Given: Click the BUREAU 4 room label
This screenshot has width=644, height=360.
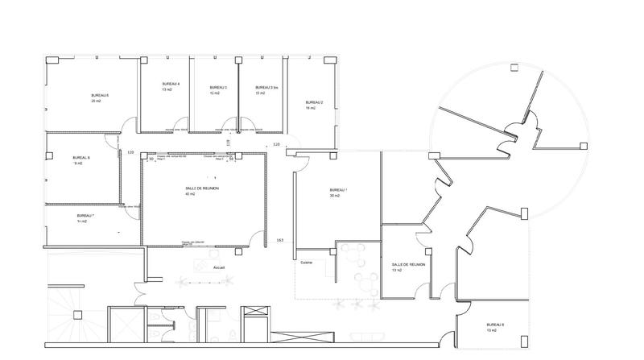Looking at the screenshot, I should (170, 85).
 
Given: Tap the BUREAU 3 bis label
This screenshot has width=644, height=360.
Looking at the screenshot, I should (266, 87).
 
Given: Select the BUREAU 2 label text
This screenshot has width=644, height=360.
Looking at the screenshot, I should (314, 102).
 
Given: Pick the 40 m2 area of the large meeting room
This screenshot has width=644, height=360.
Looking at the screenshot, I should (190, 194).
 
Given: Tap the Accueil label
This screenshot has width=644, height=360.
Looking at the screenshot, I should (218, 267).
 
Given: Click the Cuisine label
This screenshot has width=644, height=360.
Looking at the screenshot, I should (306, 263).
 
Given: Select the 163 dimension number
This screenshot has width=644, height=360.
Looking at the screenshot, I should (279, 241).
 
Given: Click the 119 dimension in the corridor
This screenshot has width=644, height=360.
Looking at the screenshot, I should (228, 143).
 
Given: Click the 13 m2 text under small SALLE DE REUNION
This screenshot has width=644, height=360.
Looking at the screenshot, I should (396, 271).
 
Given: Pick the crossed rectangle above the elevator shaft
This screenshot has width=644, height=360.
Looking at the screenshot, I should (256, 311).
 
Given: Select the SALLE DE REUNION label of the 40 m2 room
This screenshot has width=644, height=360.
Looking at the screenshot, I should (201, 188).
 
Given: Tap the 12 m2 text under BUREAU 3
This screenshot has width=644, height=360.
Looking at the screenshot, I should (215, 93).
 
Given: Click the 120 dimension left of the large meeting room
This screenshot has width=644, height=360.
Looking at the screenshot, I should (130, 151).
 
